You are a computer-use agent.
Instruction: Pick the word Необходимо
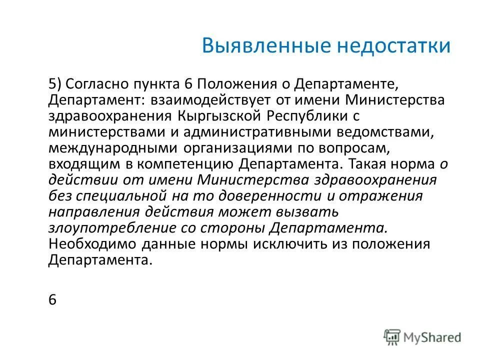[91, 244]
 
